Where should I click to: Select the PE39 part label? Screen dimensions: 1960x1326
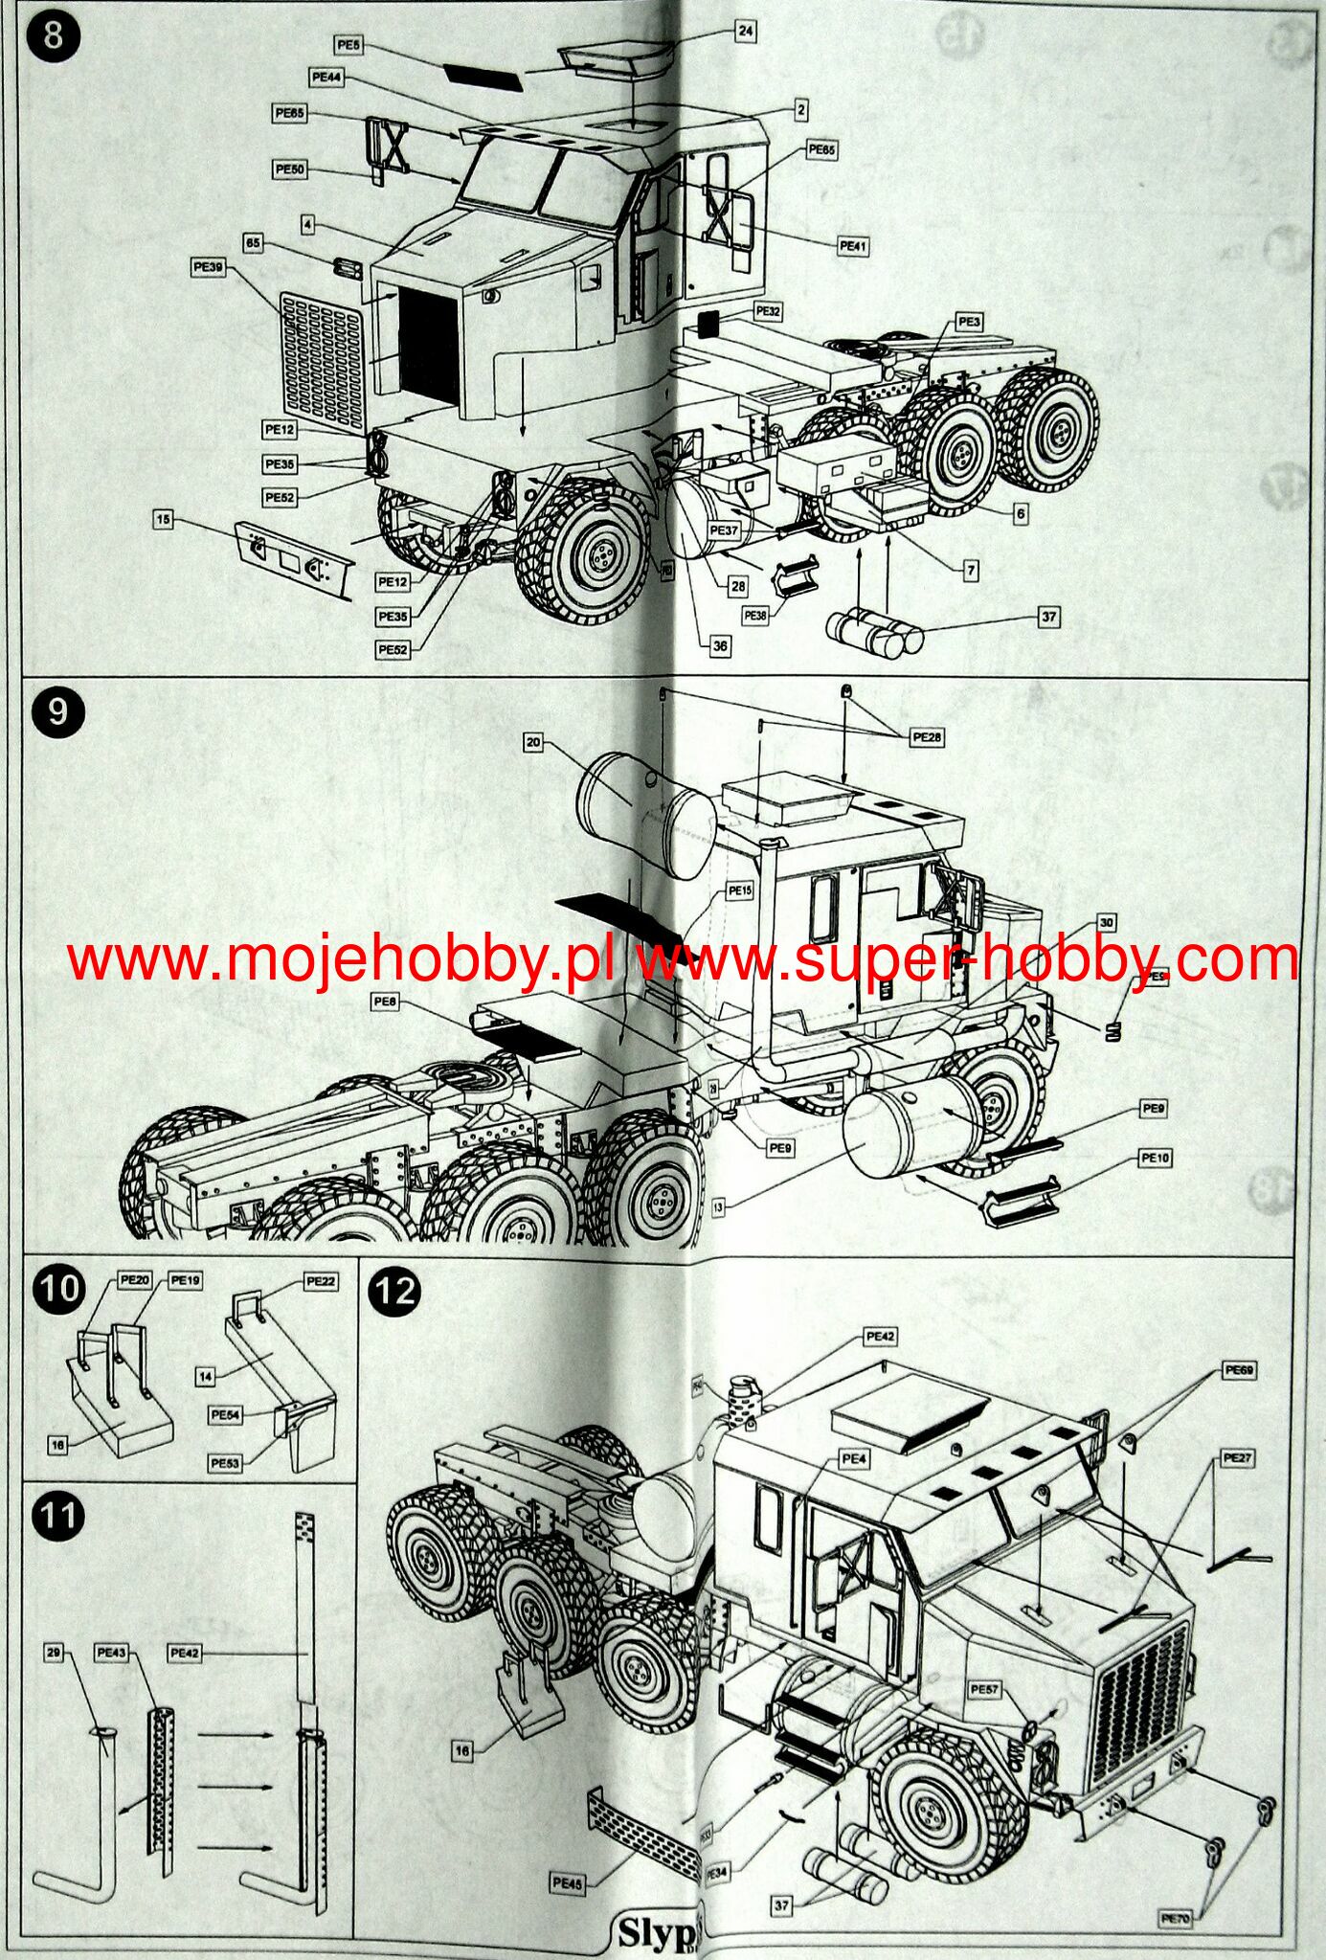[208, 267]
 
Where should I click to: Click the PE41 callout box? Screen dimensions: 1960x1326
[852, 246]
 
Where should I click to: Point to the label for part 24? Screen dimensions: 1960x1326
[746, 31]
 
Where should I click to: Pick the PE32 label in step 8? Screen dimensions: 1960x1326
[768, 311]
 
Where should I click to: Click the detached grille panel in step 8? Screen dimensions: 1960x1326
[323, 362]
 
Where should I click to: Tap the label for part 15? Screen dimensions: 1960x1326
[164, 519]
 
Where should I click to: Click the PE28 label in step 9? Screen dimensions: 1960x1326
[927, 736]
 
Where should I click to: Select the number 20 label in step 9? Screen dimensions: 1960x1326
[533, 741]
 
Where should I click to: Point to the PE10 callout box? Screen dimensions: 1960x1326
[1155, 1158]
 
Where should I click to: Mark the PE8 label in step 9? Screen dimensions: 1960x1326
[385, 1002]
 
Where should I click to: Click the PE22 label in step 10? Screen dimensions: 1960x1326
[321, 1281]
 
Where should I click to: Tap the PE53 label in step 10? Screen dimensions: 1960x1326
[225, 1463]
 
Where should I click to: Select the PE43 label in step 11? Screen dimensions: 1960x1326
[112, 1653]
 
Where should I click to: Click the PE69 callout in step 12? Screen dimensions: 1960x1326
[1239, 1370]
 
